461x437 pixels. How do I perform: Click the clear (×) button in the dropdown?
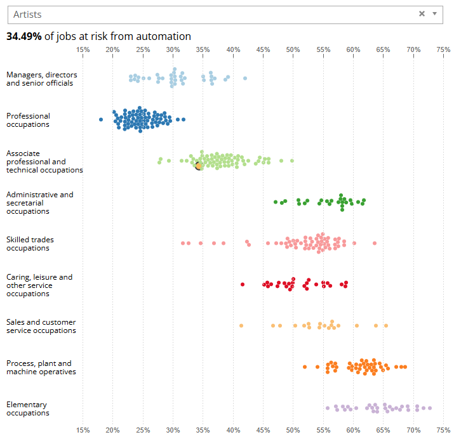point(422,14)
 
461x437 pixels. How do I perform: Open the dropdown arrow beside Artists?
point(434,14)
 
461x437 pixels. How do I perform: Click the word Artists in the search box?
point(27,14)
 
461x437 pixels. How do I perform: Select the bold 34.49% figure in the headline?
point(24,37)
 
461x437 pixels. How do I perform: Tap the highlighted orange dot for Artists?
point(198,166)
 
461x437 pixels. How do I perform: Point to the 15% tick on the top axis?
point(83,49)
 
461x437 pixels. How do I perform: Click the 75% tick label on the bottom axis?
point(443,430)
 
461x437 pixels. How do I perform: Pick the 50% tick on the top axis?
point(293,49)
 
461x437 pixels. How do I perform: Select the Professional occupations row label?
point(28,120)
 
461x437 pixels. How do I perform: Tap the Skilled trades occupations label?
point(30,244)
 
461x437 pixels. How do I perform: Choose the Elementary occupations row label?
point(27,408)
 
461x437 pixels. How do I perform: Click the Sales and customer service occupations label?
point(41,326)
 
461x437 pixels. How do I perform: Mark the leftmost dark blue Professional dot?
point(100,119)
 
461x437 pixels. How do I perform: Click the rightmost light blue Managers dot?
point(245,78)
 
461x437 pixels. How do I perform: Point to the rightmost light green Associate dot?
point(292,161)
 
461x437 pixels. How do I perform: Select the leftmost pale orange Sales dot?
point(241,325)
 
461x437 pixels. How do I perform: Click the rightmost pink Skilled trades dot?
point(375,243)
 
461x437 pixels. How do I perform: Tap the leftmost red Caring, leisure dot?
point(243,284)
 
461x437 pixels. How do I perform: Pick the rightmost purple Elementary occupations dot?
point(430,408)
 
